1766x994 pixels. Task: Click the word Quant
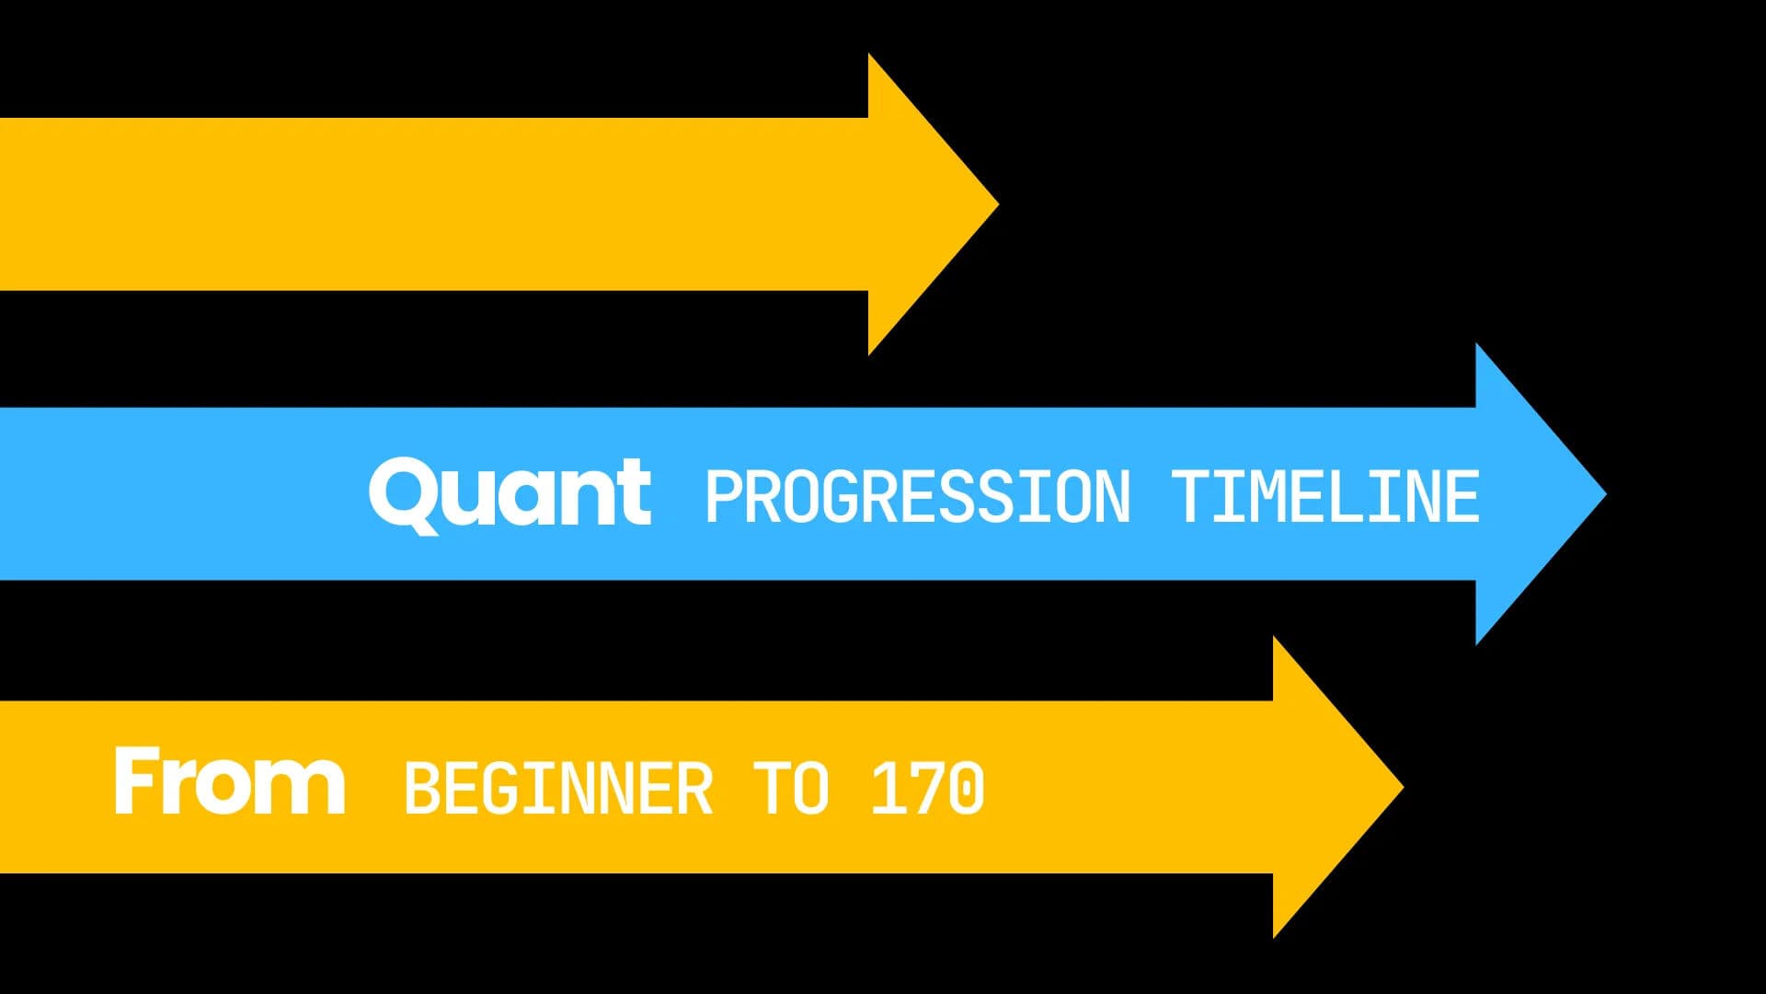click(x=510, y=493)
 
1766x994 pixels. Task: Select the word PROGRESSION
click(x=917, y=497)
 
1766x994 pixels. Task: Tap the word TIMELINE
click(x=1325, y=497)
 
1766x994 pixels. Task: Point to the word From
click(x=229, y=781)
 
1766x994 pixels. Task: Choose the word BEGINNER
click(x=558, y=789)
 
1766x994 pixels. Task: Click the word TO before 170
click(x=791, y=789)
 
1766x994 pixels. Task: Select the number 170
click(x=927, y=789)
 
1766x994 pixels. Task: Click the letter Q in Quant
click(x=401, y=495)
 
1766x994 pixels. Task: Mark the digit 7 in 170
click(x=927, y=789)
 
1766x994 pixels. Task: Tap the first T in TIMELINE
click(x=1195, y=497)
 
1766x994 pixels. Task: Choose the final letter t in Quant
click(x=635, y=494)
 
